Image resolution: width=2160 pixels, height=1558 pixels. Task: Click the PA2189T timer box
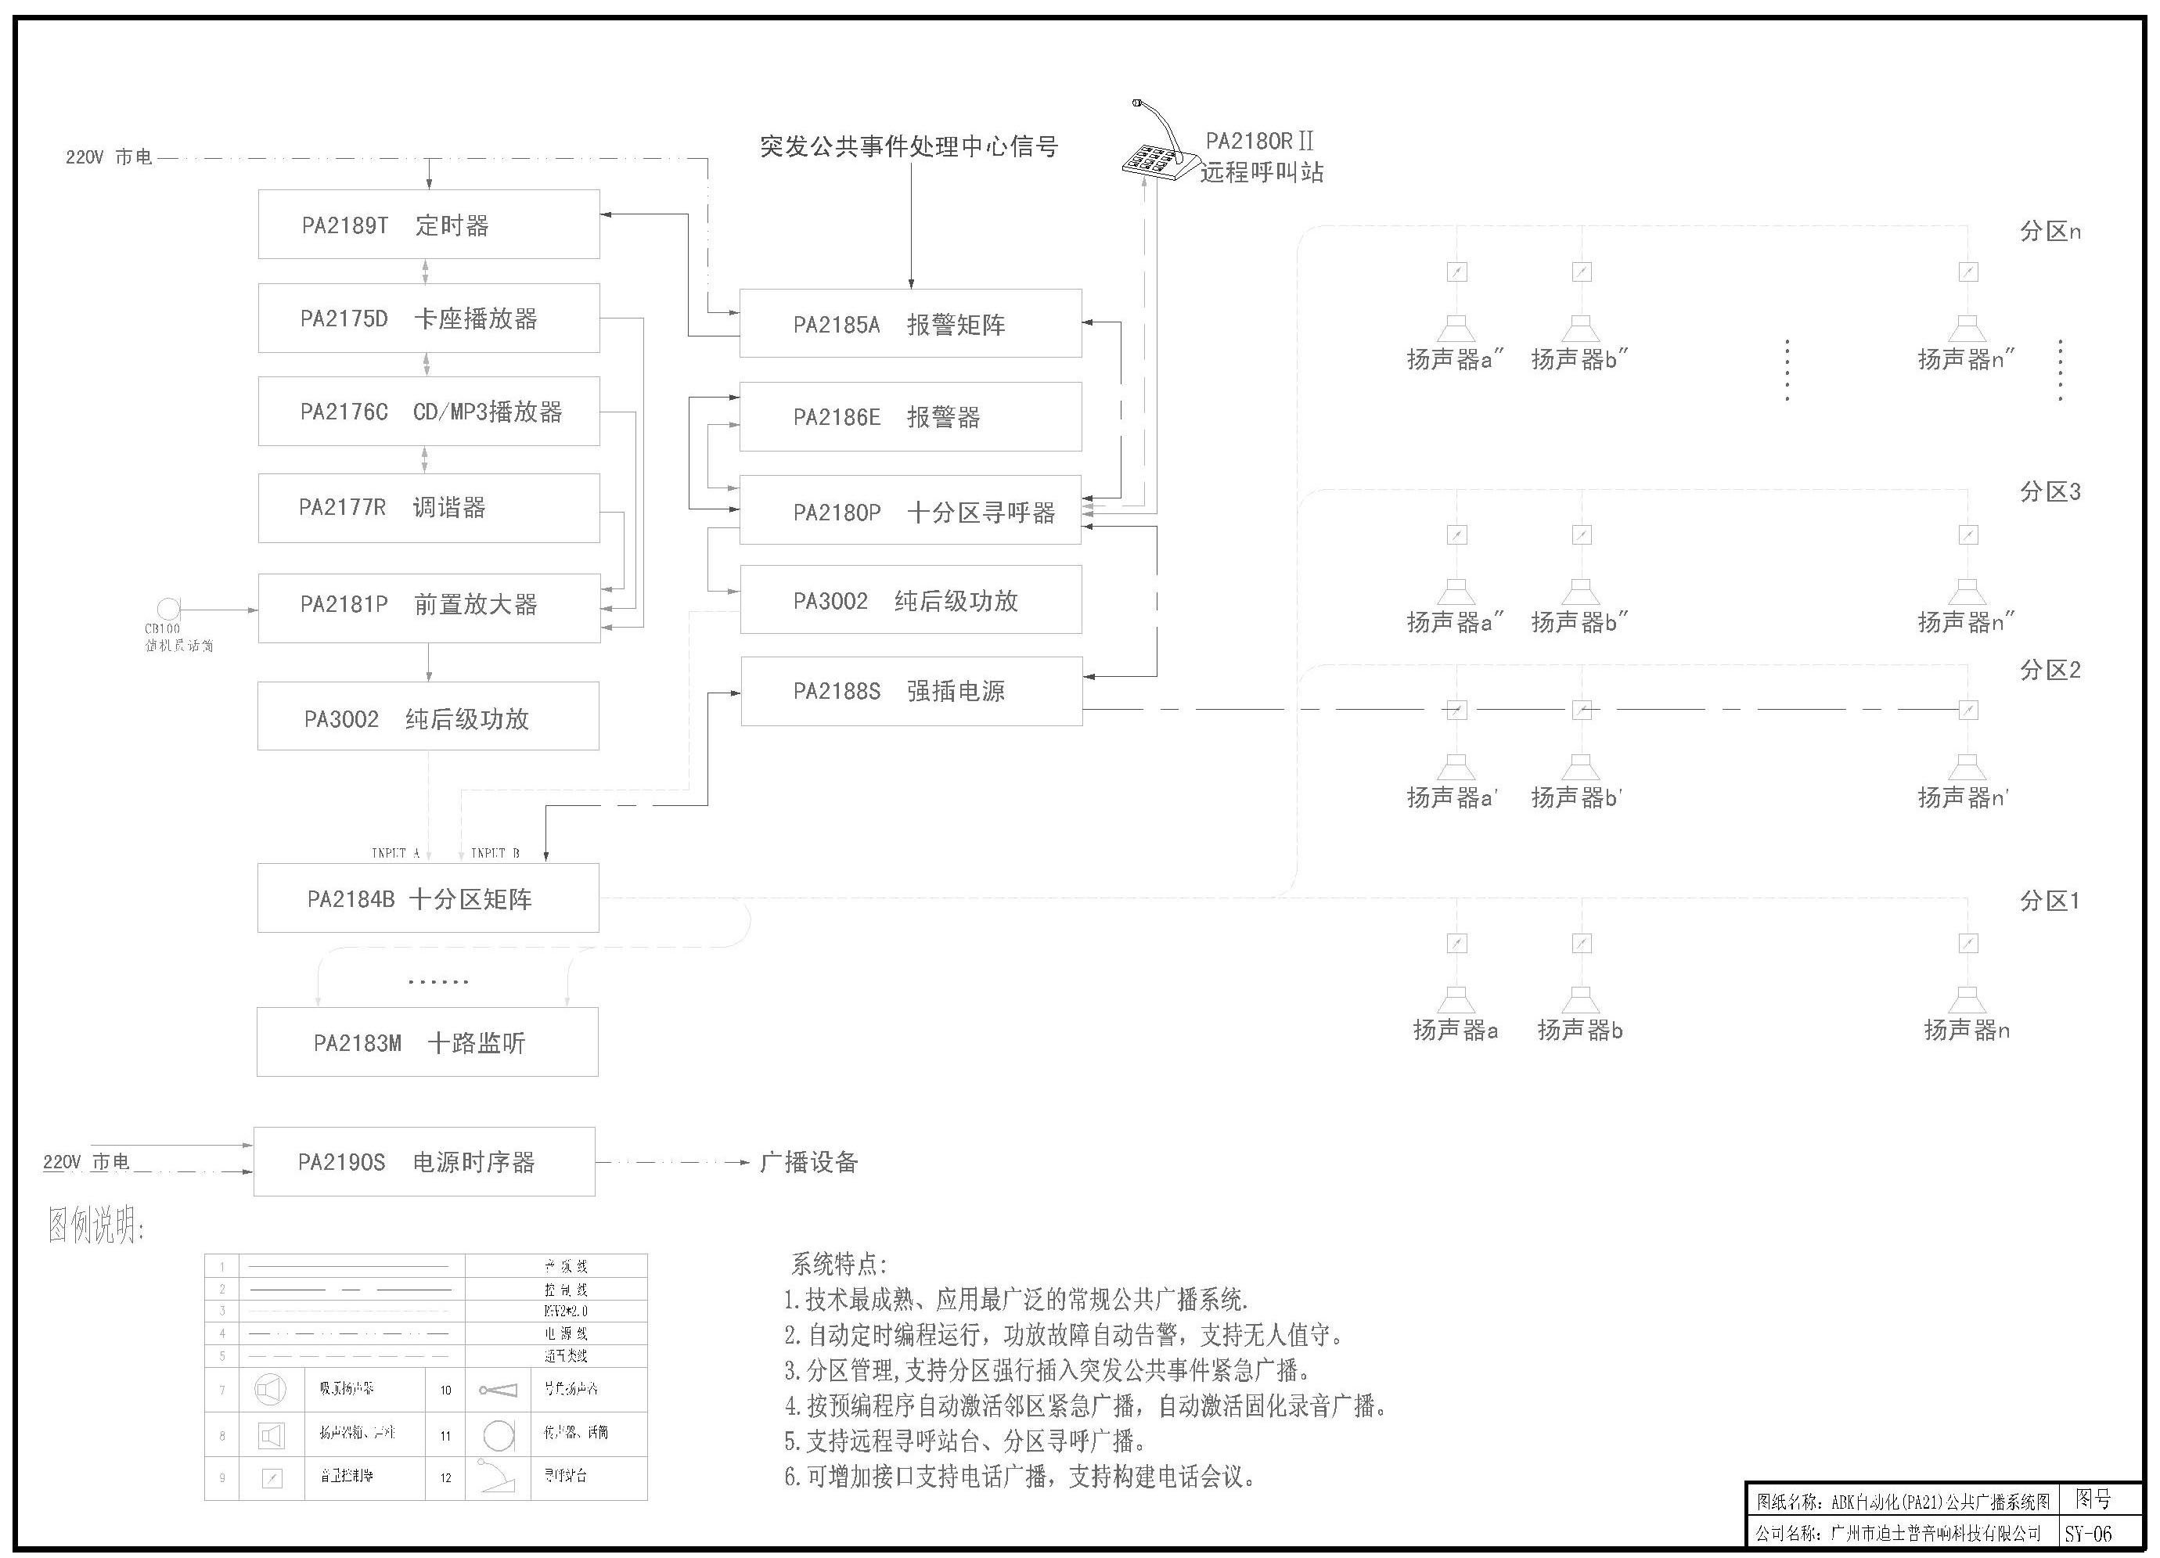click(x=429, y=225)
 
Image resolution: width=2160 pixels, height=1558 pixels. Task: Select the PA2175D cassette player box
click(x=429, y=318)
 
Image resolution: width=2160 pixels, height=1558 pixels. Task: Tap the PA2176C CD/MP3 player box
click(x=429, y=412)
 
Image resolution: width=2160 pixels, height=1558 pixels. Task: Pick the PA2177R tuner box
click(x=429, y=508)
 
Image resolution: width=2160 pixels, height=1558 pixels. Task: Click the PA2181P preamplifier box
click(x=429, y=607)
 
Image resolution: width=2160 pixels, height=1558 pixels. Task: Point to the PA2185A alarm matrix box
click(x=910, y=324)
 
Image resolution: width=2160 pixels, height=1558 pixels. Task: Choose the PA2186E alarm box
click(x=910, y=417)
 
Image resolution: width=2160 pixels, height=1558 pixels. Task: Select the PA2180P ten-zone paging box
click(x=910, y=512)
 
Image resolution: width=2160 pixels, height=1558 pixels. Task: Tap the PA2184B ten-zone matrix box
click(x=429, y=898)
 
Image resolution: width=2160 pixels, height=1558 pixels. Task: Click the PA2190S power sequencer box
click(x=425, y=1162)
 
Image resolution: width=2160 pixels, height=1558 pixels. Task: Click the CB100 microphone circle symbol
click(x=168, y=609)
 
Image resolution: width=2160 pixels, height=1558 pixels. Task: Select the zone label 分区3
click(x=2050, y=492)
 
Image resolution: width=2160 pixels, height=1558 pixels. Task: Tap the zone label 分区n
click(x=2050, y=232)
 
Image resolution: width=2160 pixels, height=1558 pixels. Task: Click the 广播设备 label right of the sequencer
click(x=808, y=1162)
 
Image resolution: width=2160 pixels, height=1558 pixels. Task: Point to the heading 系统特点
click(x=838, y=1265)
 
